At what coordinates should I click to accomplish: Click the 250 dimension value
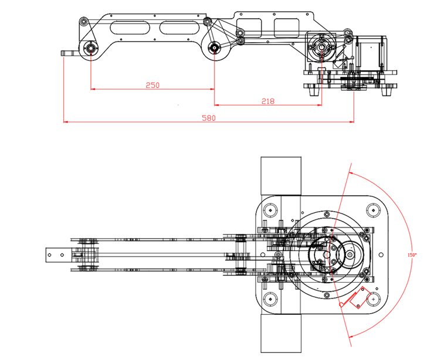point(152,85)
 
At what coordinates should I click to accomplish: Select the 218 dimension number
point(267,101)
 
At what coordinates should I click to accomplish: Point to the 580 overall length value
point(209,118)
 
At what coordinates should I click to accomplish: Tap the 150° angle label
point(412,255)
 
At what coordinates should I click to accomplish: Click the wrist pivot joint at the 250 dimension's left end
point(91,48)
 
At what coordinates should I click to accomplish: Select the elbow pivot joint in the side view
point(213,48)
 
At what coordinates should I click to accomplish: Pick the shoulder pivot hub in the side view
point(321,47)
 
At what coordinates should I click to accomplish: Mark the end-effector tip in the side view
point(63,54)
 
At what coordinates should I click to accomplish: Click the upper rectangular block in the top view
point(280,175)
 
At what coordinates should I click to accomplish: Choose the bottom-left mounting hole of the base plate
point(270,300)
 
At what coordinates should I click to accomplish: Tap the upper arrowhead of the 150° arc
point(350,173)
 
